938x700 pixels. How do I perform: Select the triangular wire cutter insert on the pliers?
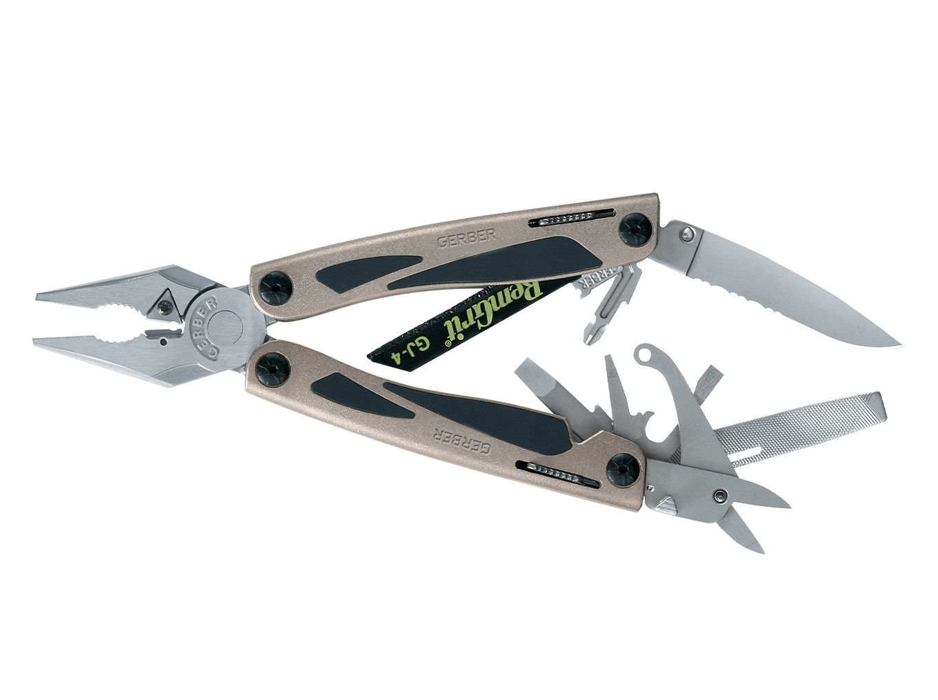[165, 301]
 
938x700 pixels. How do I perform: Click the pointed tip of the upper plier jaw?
[39, 296]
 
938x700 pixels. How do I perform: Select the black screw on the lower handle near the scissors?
[622, 472]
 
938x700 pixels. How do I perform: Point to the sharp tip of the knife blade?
[899, 345]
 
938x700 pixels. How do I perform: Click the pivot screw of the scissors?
[721, 494]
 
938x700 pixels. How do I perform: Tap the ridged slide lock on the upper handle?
[566, 219]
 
